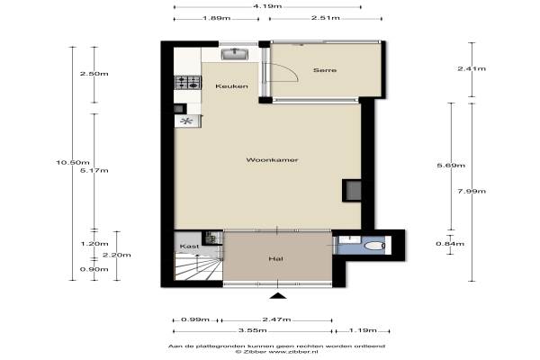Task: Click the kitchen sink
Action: click(x=235, y=54)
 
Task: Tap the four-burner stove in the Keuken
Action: click(x=188, y=83)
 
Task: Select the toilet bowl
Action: click(x=374, y=246)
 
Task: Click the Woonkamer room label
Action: click(x=272, y=160)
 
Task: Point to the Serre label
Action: click(x=325, y=70)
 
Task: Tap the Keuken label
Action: click(x=231, y=85)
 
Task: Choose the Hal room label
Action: click(x=275, y=258)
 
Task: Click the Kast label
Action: click(x=189, y=247)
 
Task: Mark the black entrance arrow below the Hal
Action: click(x=278, y=295)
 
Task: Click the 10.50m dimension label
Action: click(x=73, y=162)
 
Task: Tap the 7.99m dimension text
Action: click(x=472, y=191)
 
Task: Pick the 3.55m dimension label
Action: click(x=252, y=330)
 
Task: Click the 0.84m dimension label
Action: click(x=450, y=244)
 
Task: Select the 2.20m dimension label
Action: click(x=117, y=255)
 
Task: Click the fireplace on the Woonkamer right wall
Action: click(x=352, y=190)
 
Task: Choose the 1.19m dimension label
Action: click(x=363, y=330)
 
